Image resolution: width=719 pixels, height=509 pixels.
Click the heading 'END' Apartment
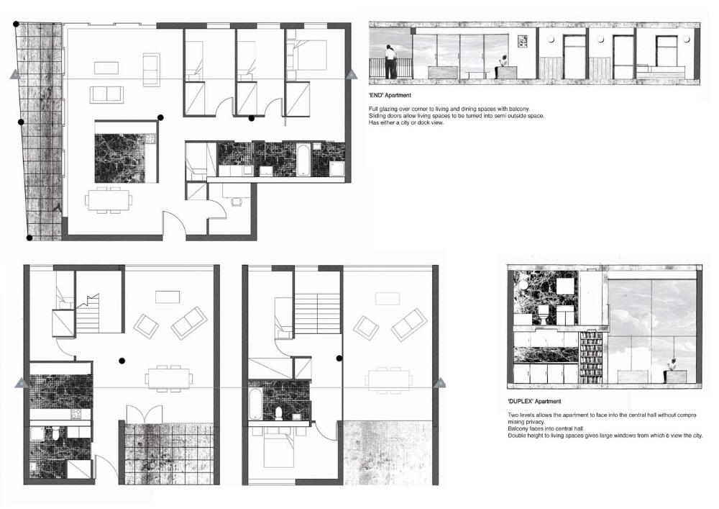pos(390,96)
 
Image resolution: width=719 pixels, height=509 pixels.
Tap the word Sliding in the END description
pos(377,116)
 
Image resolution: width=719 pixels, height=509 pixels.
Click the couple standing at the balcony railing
pos(391,62)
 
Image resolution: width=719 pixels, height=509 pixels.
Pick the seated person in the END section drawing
pos(503,64)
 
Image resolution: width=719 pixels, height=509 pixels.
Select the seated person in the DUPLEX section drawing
pos(673,366)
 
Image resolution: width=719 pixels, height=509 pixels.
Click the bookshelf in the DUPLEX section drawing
pos(592,358)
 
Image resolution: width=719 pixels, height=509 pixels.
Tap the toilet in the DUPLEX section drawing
pos(543,315)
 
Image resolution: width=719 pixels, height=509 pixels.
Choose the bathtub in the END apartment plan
pos(303,160)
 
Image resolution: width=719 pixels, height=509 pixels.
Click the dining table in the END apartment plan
pos(109,200)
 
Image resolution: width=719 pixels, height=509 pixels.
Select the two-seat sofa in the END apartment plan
pos(107,94)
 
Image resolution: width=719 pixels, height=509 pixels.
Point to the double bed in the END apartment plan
pos(306,55)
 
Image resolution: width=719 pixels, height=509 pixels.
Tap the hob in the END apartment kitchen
pos(151,138)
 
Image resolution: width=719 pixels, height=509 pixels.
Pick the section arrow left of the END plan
pos(14,74)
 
